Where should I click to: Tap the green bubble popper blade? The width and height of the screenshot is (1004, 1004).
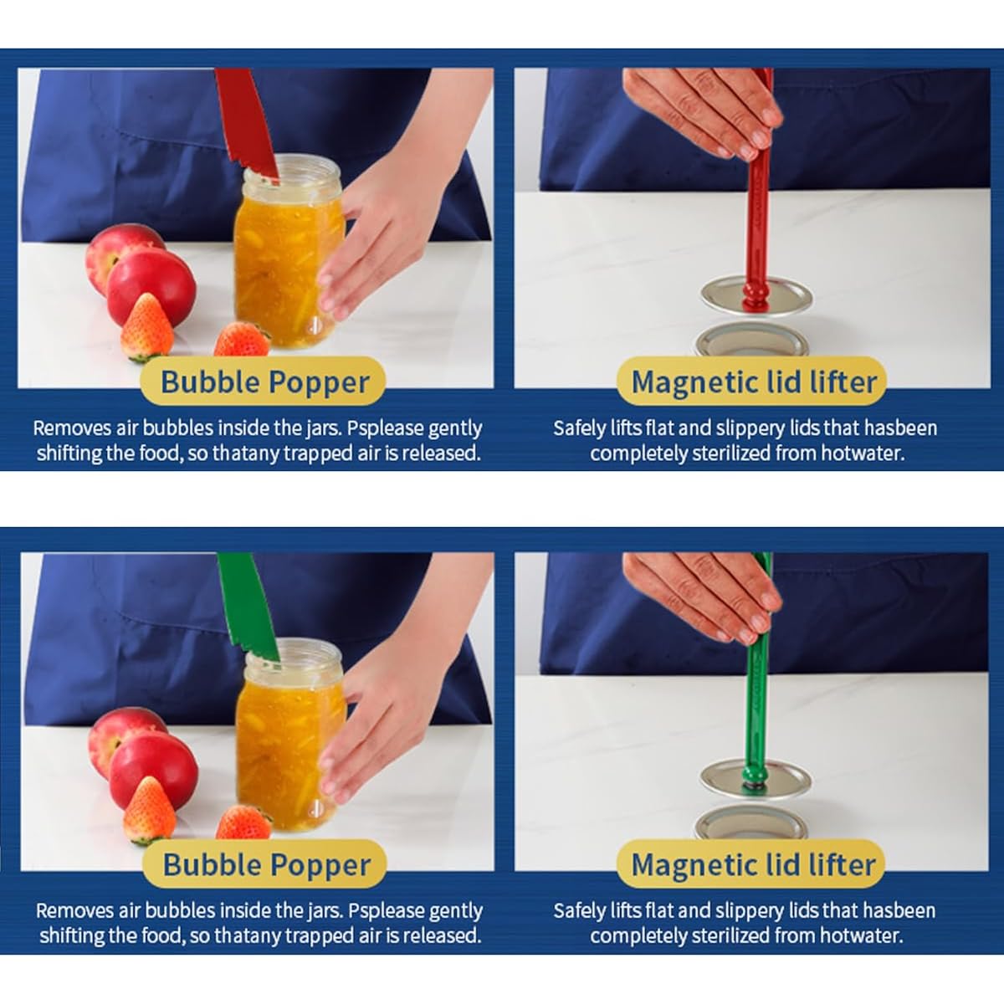[248, 607]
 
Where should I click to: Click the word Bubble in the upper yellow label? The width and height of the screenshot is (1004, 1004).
[210, 382]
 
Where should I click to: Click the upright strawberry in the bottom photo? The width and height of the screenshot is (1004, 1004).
[149, 810]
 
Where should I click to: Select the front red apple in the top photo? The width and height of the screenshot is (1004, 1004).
[151, 288]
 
